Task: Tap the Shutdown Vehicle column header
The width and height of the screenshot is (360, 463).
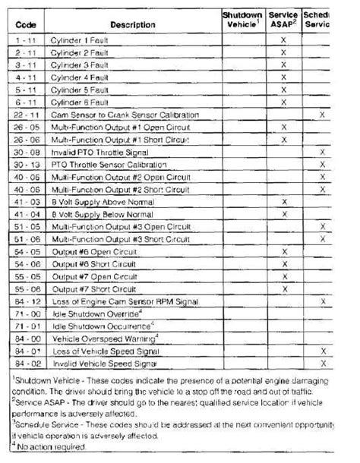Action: (242, 20)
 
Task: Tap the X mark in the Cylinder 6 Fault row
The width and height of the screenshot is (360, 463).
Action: (283, 102)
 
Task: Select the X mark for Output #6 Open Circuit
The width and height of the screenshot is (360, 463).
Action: (283, 251)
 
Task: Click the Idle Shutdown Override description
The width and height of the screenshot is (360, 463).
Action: (95, 313)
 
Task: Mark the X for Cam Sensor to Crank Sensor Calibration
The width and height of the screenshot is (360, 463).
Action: (323, 114)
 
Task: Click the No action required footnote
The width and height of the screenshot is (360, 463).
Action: (49, 446)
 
